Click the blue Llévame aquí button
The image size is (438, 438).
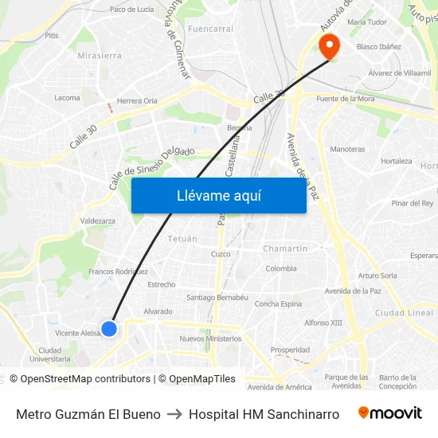[218, 196]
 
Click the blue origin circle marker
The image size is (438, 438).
[109, 328]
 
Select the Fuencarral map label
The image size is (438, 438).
[211, 29]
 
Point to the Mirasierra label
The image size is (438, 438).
[100, 56]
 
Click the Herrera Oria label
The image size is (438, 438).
[137, 101]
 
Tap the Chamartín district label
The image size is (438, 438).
[285, 248]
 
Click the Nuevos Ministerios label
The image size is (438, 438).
[210, 338]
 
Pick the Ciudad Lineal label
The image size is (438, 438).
[404, 313]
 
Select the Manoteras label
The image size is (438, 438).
[347, 149]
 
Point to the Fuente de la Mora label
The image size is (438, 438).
[346, 98]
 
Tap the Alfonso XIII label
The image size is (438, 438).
[323, 323]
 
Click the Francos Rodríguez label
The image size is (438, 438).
[118, 272]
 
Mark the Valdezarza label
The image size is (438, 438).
[97, 221]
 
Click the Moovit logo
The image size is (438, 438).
[389, 413]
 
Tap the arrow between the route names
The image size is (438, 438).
[174, 414]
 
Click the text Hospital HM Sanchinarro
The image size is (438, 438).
[264, 414]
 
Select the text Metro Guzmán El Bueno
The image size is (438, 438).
[88, 414]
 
